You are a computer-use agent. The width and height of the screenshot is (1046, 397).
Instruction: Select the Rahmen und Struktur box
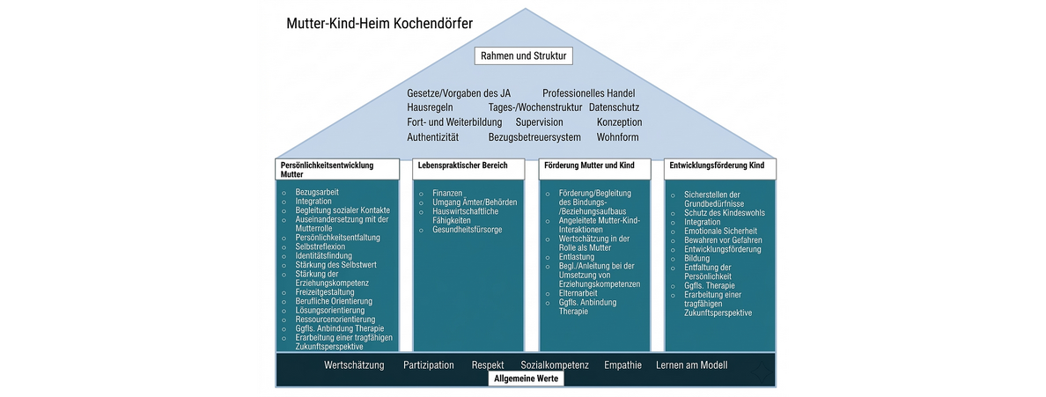524,56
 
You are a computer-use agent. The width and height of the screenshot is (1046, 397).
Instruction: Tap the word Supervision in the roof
539,122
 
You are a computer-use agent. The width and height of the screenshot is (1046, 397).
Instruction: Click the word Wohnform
617,137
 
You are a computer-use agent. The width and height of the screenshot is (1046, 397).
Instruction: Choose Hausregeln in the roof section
430,107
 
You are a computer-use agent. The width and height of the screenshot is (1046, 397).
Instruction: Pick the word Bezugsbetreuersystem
534,137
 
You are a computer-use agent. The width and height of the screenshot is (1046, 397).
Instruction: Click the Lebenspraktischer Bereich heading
451,165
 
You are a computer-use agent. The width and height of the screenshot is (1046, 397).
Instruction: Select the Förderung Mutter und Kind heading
590,165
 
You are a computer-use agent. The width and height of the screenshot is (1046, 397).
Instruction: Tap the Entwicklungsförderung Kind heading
717,165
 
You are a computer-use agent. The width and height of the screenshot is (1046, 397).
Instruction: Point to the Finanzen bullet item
447,193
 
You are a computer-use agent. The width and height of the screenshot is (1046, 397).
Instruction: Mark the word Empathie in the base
622,364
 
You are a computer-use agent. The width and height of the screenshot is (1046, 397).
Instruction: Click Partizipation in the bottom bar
429,364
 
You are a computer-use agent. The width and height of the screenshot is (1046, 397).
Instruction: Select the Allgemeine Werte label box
526,379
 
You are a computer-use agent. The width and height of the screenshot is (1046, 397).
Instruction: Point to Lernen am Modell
692,364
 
